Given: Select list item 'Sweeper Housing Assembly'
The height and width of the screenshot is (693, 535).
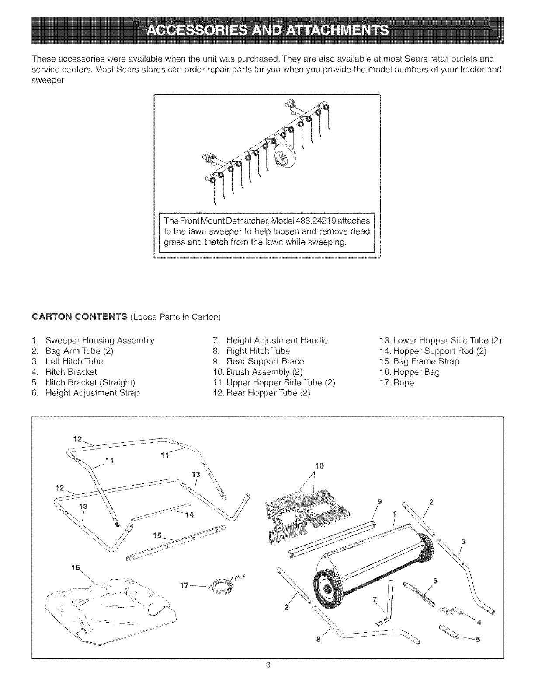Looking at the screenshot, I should [x=99, y=340].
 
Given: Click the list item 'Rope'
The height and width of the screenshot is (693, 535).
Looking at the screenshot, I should [x=403, y=382].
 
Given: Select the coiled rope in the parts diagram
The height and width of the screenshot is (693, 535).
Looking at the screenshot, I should [x=220, y=583].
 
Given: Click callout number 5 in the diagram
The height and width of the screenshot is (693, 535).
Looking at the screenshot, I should [x=478, y=639].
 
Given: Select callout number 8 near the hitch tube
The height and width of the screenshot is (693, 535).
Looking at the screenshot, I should [x=319, y=639].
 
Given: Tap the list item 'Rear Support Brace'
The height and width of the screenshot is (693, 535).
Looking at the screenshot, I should [x=264, y=361].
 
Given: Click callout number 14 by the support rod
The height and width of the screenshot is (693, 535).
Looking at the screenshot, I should [x=189, y=514].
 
